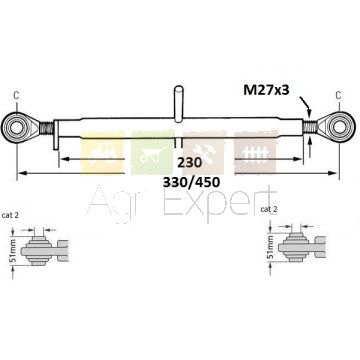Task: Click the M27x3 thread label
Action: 266,90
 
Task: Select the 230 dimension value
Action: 189,163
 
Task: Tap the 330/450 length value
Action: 191,182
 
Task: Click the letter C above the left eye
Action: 16,95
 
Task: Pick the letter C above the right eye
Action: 338,95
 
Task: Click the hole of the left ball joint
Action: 16,128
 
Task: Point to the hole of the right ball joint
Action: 340,126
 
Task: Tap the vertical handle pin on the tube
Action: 179,103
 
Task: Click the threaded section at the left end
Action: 46,128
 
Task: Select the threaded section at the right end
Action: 309,127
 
